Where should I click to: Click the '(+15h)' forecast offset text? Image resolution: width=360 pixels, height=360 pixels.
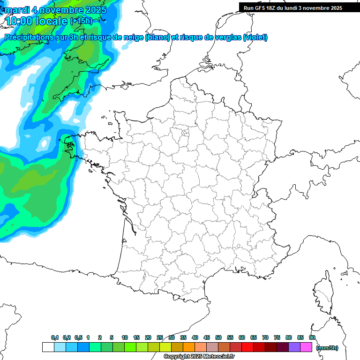click(x=81, y=21)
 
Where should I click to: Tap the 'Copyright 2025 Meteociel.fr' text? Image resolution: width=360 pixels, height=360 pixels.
click(x=199, y=357)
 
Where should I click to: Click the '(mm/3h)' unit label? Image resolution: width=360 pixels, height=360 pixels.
click(x=327, y=348)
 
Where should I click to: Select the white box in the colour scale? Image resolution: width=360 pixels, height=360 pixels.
click(x=48, y=347)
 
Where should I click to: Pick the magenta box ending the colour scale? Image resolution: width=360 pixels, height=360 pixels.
click(x=307, y=347)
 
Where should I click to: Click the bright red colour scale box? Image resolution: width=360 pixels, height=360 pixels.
click(x=247, y=347)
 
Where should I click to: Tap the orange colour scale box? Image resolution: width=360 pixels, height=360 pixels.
click(x=188, y=347)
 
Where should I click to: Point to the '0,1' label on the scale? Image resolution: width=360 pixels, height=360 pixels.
click(x=55, y=337)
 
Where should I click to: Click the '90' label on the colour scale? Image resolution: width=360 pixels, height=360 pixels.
click(x=312, y=337)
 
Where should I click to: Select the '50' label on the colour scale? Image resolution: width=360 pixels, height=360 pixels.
click(x=218, y=337)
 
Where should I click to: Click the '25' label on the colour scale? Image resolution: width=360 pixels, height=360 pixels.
click(x=160, y=337)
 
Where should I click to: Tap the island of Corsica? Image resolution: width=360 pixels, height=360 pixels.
click(x=323, y=293)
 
